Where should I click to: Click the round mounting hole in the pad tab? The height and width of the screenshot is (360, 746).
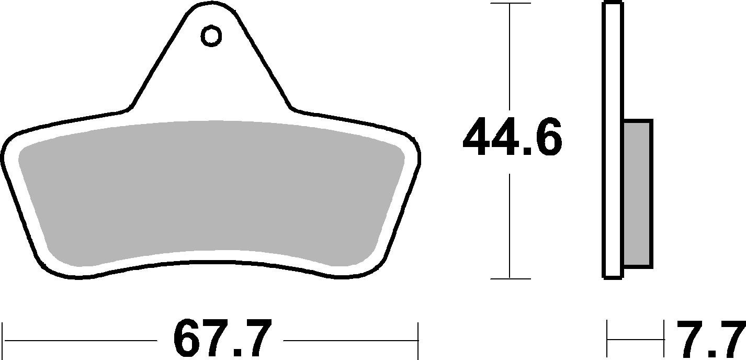click(x=211, y=36)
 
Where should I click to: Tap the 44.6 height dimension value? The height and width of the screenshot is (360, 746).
click(x=512, y=139)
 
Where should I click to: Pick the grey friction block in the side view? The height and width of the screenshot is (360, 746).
click(x=637, y=194)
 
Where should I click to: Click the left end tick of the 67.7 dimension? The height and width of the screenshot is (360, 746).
click(x=4, y=340)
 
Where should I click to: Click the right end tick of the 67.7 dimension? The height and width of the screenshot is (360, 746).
click(x=418, y=340)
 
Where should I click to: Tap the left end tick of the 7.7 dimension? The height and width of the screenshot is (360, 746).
click(x=607, y=340)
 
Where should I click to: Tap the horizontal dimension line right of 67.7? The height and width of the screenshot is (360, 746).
click(x=351, y=341)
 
